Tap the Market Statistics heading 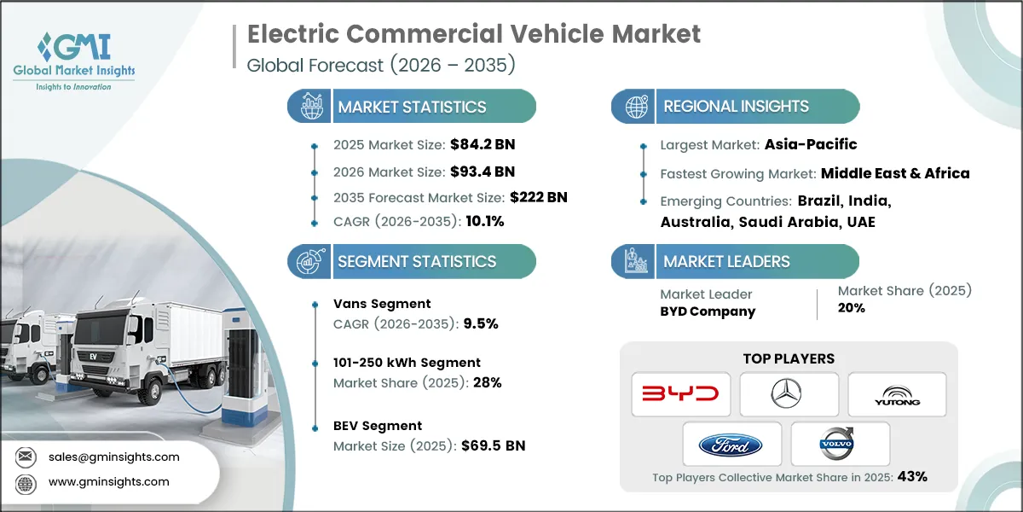click(x=412, y=107)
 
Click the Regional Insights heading click(x=736, y=107)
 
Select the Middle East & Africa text click(x=895, y=173)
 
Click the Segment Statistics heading click(x=417, y=262)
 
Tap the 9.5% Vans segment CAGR click(x=480, y=323)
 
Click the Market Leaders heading click(x=726, y=262)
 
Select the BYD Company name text click(x=708, y=311)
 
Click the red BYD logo click(x=679, y=394)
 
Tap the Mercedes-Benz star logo click(x=789, y=394)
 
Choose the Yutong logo click(x=897, y=394)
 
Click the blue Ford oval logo click(x=732, y=445)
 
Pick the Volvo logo click(x=841, y=445)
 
